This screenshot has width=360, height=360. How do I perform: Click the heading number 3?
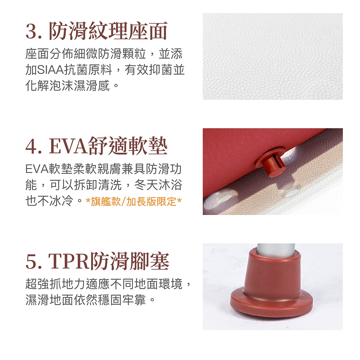pyautogui.click(x=32, y=31)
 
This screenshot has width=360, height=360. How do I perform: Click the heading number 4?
pyautogui.click(x=32, y=146)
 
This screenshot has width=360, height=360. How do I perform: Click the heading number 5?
pyautogui.click(x=32, y=261)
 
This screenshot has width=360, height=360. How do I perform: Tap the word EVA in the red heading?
pyautogui.click(x=68, y=146)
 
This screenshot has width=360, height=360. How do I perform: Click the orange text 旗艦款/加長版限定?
pyautogui.click(x=134, y=202)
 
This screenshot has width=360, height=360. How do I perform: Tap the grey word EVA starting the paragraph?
pyautogui.click(x=37, y=169)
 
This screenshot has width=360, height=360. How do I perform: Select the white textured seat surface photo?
pyautogui.click(x=273, y=56)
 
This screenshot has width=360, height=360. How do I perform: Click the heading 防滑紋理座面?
pyautogui.click(x=108, y=31)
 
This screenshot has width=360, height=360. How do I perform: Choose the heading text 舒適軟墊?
pyautogui.click(x=128, y=146)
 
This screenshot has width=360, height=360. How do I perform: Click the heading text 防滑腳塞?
pyautogui.click(x=130, y=261)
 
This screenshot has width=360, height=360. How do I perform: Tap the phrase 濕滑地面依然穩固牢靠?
pyautogui.click(x=85, y=300)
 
